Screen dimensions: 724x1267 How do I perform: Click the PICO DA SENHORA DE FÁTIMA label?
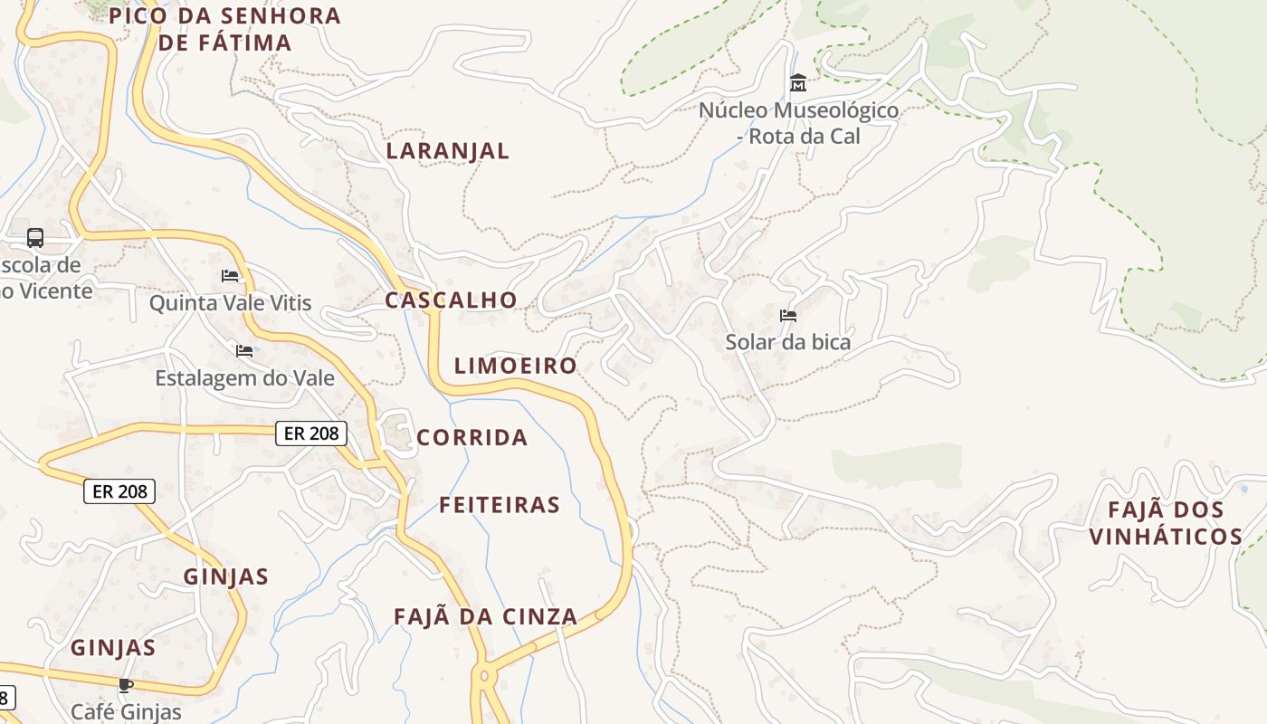[x=224, y=28]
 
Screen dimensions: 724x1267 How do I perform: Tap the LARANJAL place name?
[x=448, y=150]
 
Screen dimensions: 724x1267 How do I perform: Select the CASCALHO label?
[x=451, y=300]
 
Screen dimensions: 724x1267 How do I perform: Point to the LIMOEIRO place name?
[x=515, y=366]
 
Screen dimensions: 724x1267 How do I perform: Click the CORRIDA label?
[x=472, y=438]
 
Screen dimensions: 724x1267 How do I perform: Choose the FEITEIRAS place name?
[x=500, y=505]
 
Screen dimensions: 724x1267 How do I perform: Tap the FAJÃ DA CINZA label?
[x=485, y=616]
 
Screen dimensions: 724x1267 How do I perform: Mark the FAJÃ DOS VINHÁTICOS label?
[x=1166, y=523]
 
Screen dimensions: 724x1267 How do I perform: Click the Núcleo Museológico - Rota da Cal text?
[x=798, y=123]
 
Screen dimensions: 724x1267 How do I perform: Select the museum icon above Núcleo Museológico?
[x=798, y=83]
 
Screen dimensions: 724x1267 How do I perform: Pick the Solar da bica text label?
[x=788, y=342]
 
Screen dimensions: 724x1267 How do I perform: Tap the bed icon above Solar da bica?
[x=788, y=316]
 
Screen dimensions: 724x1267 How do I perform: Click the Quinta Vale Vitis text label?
[x=230, y=302]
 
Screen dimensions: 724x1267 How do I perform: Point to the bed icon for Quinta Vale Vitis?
[x=230, y=275]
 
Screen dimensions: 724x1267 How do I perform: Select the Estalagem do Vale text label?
[x=244, y=377]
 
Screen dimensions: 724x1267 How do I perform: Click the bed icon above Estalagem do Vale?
[x=244, y=350]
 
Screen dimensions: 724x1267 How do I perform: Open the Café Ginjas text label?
[x=126, y=711]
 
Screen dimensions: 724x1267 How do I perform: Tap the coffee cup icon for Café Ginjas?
[x=126, y=685]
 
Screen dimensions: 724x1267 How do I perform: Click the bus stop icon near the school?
[x=35, y=238]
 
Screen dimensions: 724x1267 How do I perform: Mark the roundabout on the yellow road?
[x=484, y=675]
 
